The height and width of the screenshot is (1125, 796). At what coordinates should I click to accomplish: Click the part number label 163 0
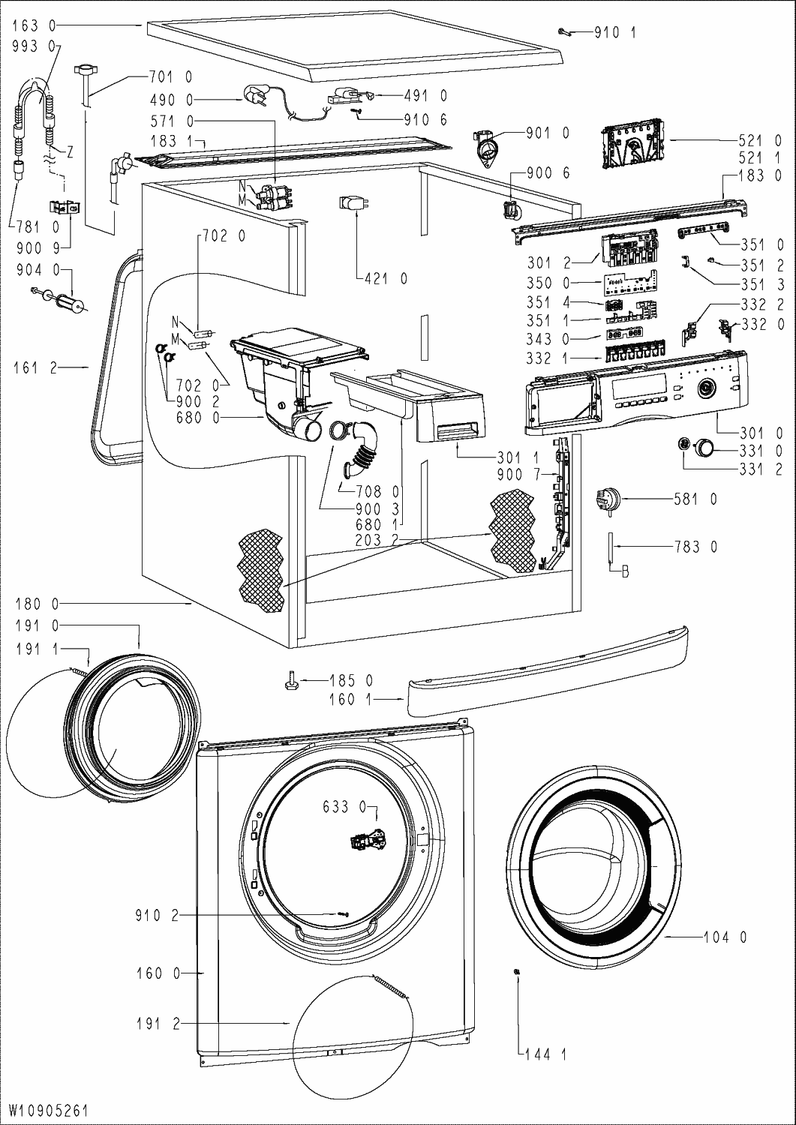pos(35,25)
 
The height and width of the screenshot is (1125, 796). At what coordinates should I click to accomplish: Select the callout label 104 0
pos(725,937)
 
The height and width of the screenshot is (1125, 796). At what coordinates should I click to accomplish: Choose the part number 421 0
pos(383,279)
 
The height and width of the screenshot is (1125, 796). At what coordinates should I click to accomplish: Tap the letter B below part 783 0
pos(624,574)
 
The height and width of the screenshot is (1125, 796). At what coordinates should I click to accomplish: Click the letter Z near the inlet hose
pos(69,152)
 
